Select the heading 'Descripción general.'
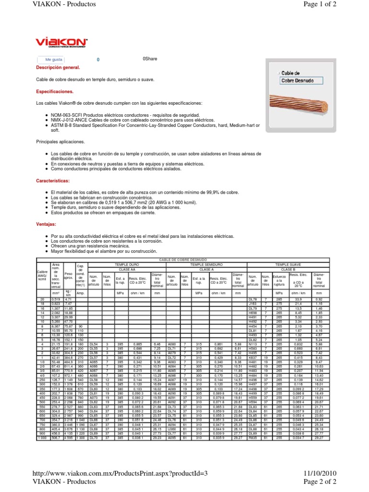coord(55,68)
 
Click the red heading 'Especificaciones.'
coord(55,91)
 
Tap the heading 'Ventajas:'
coord(46,224)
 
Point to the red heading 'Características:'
coord(53,181)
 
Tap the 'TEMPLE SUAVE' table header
coord(288,264)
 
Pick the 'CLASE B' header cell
coord(288,270)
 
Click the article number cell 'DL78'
coord(253,299)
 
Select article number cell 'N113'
coord(253,344)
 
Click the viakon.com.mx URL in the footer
coord(120,474)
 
